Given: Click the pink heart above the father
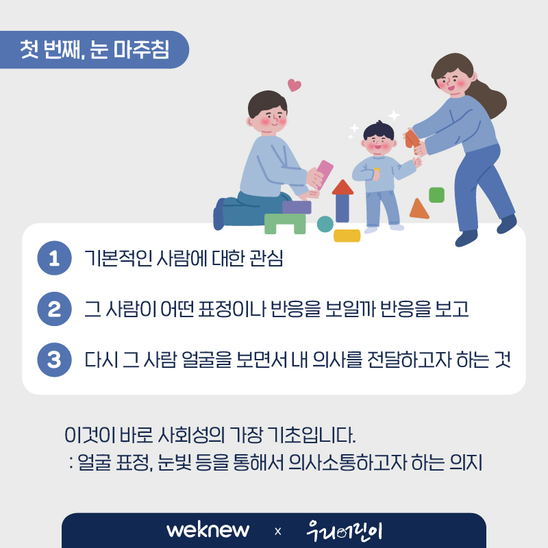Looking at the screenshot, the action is pyautogui.click(x=295, y=85).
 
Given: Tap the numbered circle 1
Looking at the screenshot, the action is pyautogui.click(x=54, y=258).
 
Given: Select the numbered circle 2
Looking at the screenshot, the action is pyautogui.click(x=54, y=309).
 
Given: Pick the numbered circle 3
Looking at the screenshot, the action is pyautogui.click(x=54, y=360).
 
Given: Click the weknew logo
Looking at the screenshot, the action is pyautogui.click(x=208, y=530).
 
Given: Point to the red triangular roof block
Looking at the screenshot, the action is pyautogui.click(x=342, y=187).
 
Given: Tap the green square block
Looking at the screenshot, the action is pyautogui.click(x=436, y=195).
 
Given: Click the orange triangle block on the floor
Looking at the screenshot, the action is pyautogui.click(x=419, y=209).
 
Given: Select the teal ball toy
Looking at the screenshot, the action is pyautogui.click(x=325, y=224).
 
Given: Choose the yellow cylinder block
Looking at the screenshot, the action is pyautogui.click(x=347, y=236).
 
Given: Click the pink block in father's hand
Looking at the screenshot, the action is pyautogui.click(x=325, y=174).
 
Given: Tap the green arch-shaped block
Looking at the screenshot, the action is pyautogui.click(x=285, y=224).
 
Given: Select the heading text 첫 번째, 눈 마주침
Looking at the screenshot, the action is pyautogui.click(x=95, y=49).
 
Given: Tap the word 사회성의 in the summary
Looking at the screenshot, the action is pyautogui.click(x=192, y=436).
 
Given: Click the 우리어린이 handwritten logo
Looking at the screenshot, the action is pyautogui.click(x=345, y=531).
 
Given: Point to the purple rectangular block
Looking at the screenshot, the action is pyautogui.click(x=297, y=208).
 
